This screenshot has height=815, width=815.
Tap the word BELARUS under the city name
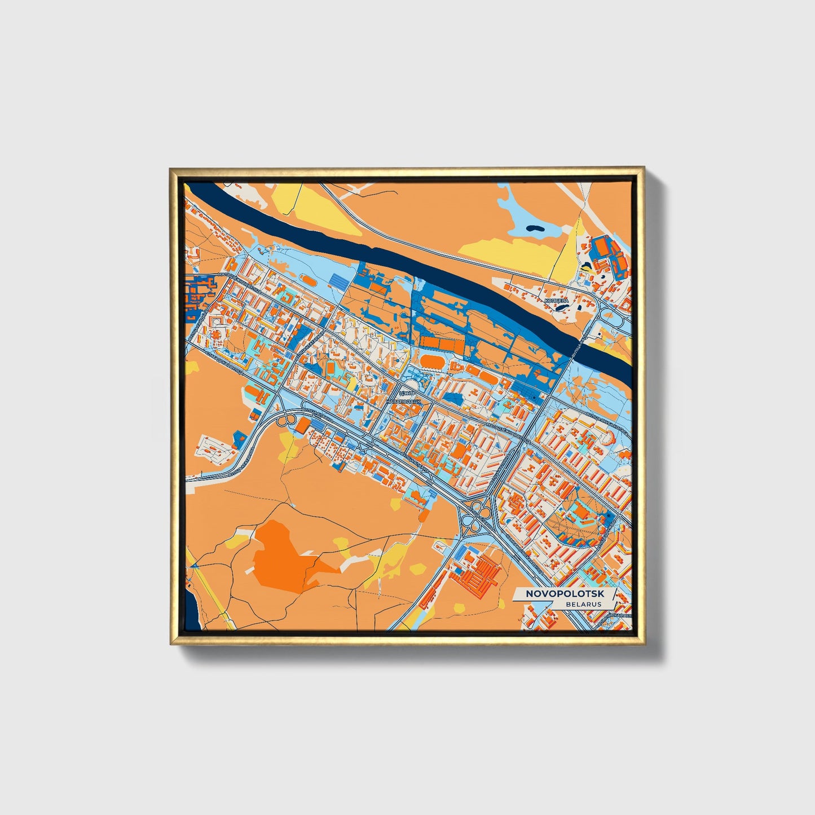[584, 604]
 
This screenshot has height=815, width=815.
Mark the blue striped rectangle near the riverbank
[338, 280]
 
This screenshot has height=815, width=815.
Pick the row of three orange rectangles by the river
[439, 342]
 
